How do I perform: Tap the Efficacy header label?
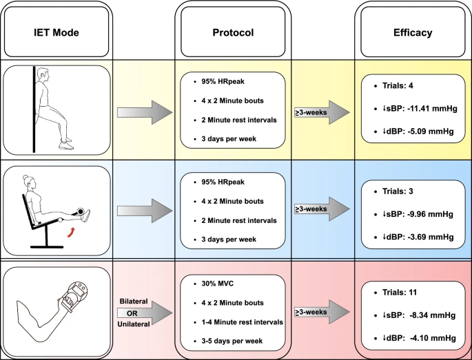click(x=413, y=32)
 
